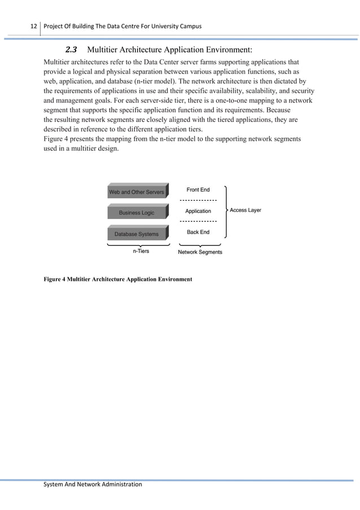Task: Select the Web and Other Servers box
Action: [x=137, y=192]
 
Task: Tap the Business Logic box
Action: [x=136, y=213]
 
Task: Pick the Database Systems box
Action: [x=137, y=234]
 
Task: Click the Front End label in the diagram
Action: [x=198, y=190]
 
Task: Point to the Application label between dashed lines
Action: [x=198, y=211]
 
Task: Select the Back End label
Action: [x=198, y=232]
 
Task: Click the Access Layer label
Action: [x=245, y=210]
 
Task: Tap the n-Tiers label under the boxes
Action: [x=141, y=251]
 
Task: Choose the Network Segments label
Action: [x=200, y=252]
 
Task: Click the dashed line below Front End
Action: [x=198, y=200]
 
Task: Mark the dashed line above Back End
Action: [x=198, y=221]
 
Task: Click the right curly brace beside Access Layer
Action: [x=226, y=211]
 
